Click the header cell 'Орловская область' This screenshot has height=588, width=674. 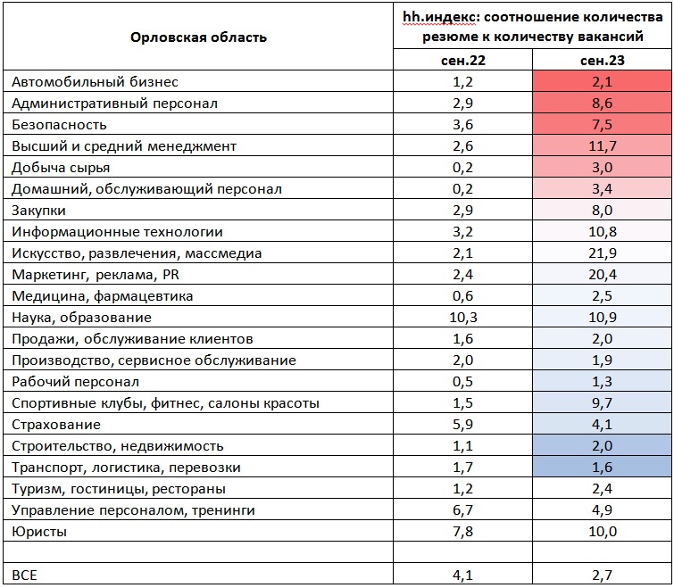point(198,37)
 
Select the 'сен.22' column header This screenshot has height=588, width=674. point(463,60)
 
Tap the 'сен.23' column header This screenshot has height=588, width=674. point(602,60)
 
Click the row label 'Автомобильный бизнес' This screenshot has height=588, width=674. point(95,81)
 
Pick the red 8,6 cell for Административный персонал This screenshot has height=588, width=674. point(602,104)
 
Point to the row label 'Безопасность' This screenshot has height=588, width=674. point(59,125)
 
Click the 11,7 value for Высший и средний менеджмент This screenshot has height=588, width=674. point(603,146)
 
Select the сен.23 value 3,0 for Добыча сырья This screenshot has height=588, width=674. point(602,168)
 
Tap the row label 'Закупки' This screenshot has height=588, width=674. point(38,211)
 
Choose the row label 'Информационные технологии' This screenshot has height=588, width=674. point(117,232)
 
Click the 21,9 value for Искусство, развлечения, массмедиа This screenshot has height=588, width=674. point(603,253)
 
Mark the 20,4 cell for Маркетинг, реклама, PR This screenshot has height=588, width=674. point(603,275)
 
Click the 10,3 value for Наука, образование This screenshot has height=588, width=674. point(463,318)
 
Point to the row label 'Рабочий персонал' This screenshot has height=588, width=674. point(75,382)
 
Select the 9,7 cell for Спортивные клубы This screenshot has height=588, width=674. point(602,403)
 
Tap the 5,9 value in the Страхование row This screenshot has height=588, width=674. point(463,425)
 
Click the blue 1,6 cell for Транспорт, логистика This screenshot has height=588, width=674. point(602,467)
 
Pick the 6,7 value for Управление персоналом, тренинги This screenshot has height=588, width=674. point(463,509)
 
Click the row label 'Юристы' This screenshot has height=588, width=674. point(39,532)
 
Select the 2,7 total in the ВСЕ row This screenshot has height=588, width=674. point(602,575)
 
